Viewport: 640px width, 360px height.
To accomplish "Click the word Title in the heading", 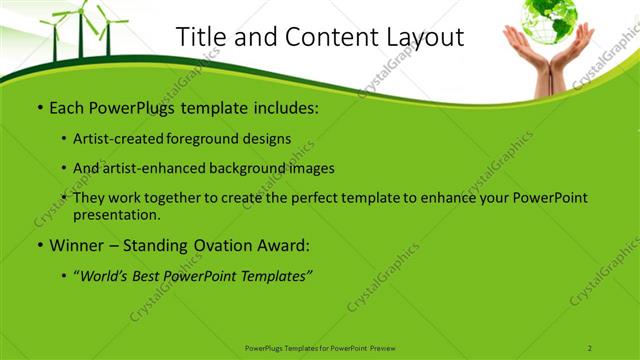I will (x=200, y=37).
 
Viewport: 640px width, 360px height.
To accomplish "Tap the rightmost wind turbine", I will (x=105, y=30).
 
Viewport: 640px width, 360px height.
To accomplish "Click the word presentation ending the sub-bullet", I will (x=116, y=214).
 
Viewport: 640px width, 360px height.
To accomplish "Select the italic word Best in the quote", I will (x=152, y=274).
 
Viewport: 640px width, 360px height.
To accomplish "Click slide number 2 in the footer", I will (x=590, y=347).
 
